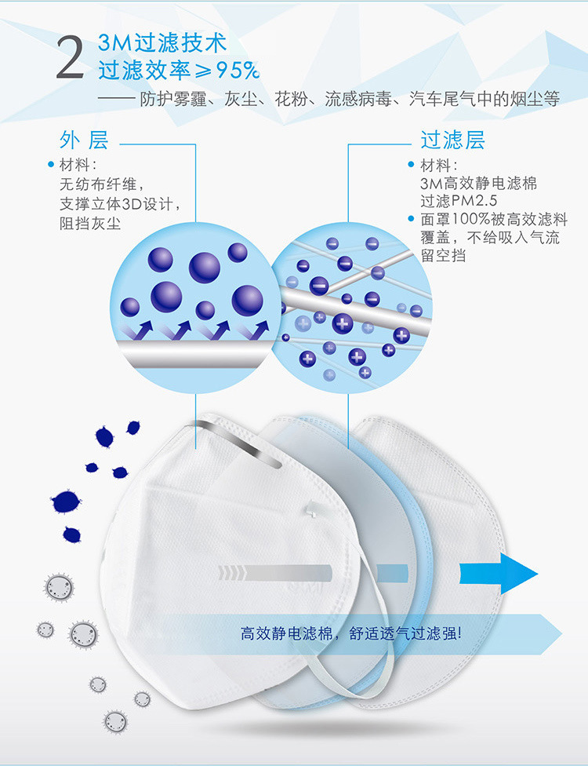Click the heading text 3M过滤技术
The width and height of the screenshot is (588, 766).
pyautogui.click(x=162, y=43)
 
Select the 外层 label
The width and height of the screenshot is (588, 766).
pyautogui.click(x=84, y=140)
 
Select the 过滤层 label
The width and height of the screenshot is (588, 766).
pyautogui.click(x=453, y=140)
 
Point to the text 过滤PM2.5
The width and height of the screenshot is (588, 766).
pyautogui.click(x=459, y=201)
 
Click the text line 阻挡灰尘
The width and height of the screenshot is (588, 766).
pyautogui.click(x=90, y=224)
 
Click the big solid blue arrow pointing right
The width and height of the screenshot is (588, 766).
pyautogui.click(x=498, y=574)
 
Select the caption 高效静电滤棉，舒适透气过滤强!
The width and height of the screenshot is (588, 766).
pyautogui.click(x=351, y=633)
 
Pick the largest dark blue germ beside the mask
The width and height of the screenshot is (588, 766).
pyautogui.click(x=66, y=502)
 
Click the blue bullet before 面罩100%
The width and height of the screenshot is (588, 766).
pyautogui.click(x=411, y=218)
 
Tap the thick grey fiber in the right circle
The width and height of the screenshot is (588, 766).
pyautogui.click(x=356, y=307)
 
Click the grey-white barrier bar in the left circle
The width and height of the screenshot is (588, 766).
pyautogui.click(x=195, y=354)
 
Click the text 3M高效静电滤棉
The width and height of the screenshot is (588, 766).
pyautogui.click(x=479, y=183)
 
